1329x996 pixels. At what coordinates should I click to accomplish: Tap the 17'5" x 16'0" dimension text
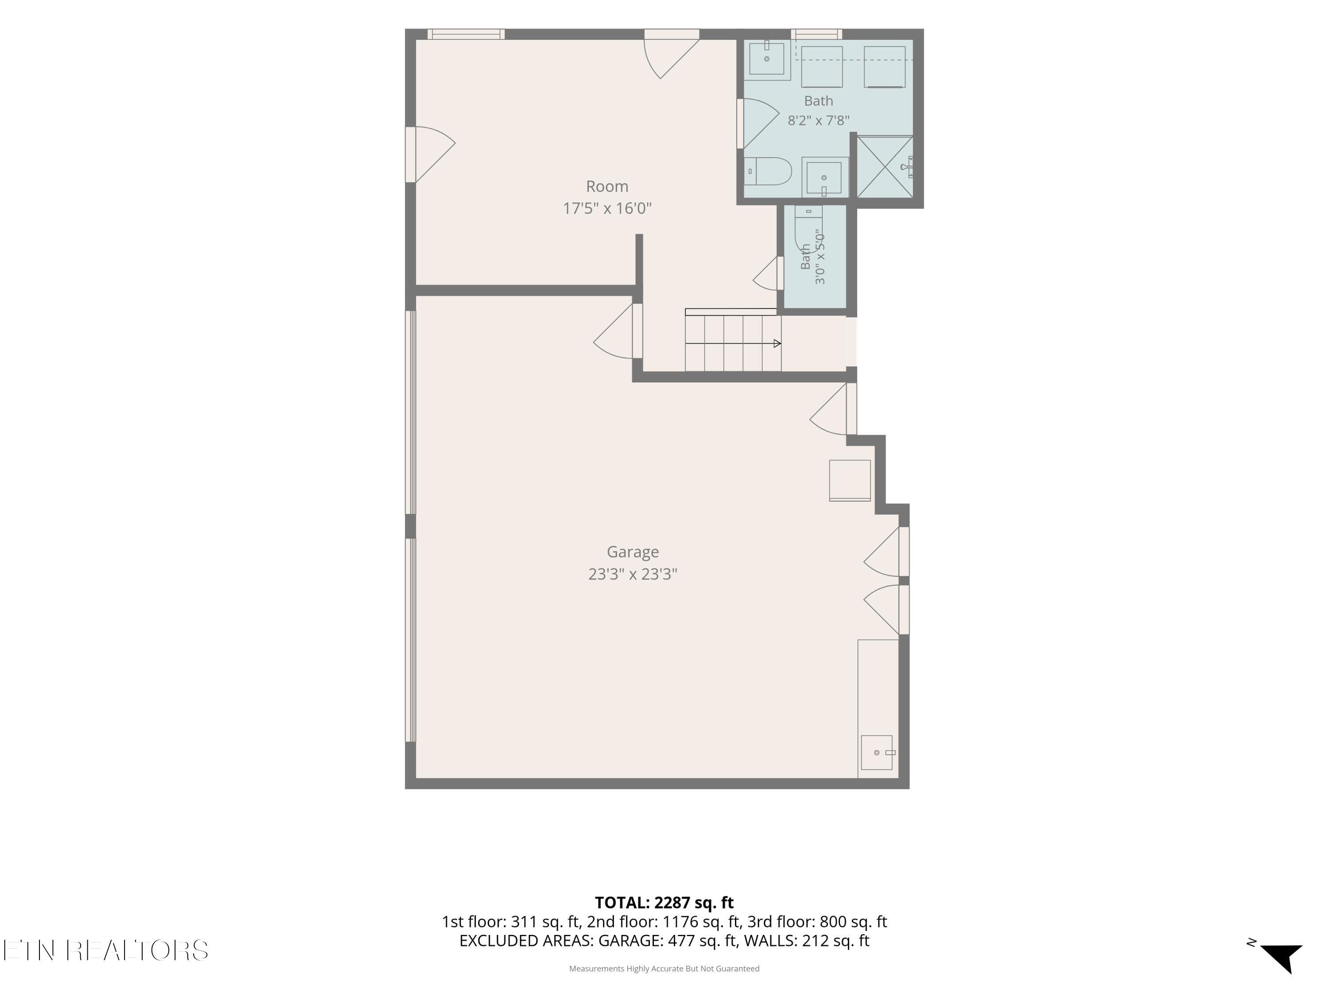coord(607,208)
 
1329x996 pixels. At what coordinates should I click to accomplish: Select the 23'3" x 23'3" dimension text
coord(633,574)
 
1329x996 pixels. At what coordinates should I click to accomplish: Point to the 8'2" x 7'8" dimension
coord(818,120)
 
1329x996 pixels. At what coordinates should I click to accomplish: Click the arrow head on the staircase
coord(777,344)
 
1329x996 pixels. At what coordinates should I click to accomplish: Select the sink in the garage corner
coord(877,752)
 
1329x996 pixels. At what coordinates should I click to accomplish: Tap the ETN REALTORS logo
coord(106,950)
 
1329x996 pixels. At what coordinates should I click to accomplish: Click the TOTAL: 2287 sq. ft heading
coord(664,902)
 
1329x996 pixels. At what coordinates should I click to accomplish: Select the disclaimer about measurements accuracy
coord(664,969)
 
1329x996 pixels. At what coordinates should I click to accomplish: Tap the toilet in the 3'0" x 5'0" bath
coord(808,231)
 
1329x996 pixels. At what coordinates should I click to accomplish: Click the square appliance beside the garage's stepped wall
coord(850,480)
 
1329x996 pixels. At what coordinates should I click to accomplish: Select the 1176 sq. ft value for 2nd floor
coord(702,922)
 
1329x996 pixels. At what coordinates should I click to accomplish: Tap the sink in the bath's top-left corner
coord(767,58)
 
